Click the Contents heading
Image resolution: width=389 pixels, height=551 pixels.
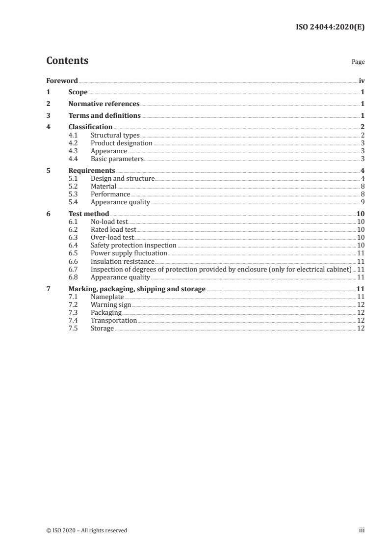(x=67, y=61)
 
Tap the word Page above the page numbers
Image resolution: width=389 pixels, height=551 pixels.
(x=358, y=62)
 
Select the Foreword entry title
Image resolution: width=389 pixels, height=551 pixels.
(x=62, y=81)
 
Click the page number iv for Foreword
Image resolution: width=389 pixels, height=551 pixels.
(x=362, y=81)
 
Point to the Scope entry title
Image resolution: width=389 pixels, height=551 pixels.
(x=78, y=92)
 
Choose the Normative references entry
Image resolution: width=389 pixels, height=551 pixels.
(x=104, y=104)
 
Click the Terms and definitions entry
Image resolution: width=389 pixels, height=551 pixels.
(x=104, y=116)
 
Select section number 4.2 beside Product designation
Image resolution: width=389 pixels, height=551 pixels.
(x=73, y=143)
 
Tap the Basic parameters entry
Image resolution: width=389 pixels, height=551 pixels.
(x=117, y=159)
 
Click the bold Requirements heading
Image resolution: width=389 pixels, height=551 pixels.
(x=92, y=170)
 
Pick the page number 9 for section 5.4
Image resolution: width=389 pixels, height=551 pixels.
(x=363, y=202)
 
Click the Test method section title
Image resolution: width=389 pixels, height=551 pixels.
(x=89, y=214)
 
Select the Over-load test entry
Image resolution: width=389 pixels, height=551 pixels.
(x=112, y=237)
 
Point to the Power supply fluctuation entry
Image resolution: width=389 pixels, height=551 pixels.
(x=129, y=253)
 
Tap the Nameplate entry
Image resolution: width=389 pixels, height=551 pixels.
(x=107, y=297)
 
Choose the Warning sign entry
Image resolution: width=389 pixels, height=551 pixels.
(x=111, y=304)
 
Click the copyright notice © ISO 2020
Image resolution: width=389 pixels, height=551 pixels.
(x=87, y=530)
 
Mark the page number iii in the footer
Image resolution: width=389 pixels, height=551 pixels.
(x=362, y=530)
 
